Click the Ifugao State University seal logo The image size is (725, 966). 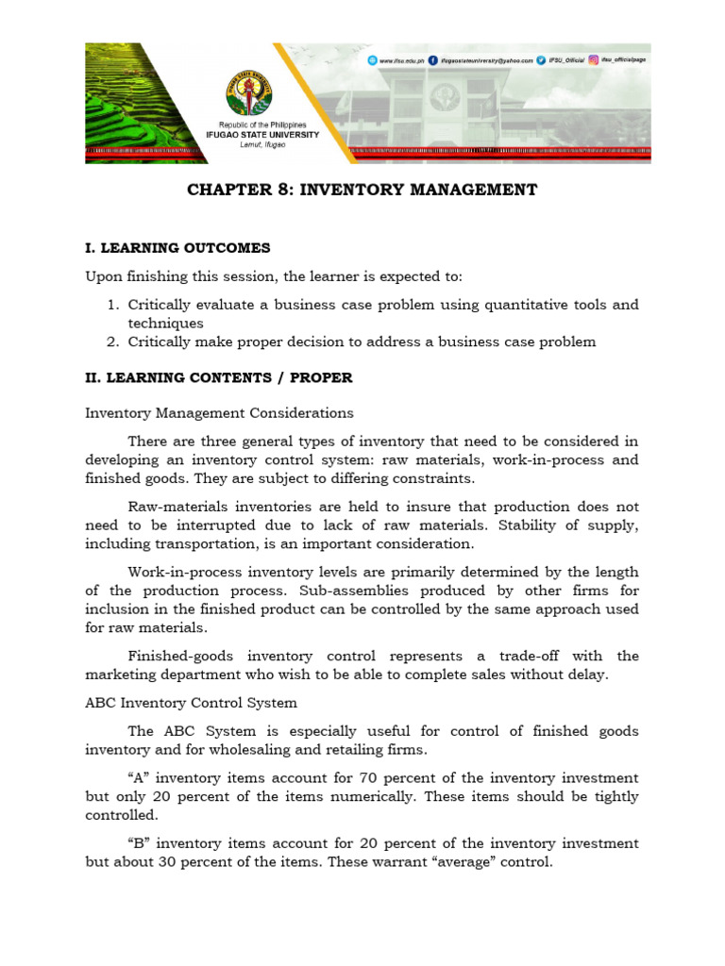(262, 92)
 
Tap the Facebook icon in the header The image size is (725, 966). (433, 59)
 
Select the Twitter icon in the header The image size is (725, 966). (541, 59)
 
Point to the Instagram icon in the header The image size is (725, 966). (594, 59)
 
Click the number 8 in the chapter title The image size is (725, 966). (277, 190)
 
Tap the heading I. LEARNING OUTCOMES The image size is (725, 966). (177, 248)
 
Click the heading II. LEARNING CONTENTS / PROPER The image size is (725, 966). (218, 377)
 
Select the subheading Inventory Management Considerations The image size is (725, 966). (219, 412)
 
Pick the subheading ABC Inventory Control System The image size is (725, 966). (191, 703)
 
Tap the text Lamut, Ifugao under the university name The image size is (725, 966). (262, 144)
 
